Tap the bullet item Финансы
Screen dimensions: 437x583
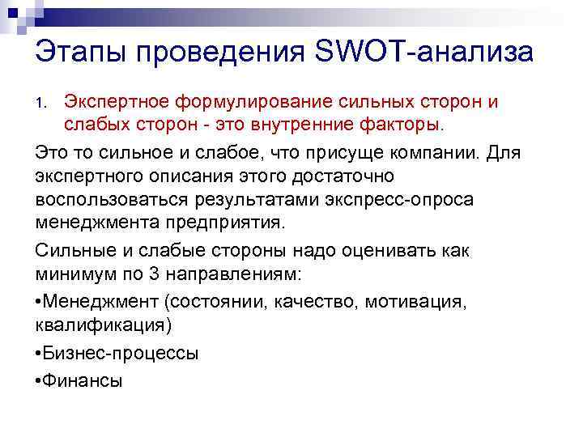pos(80,379)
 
